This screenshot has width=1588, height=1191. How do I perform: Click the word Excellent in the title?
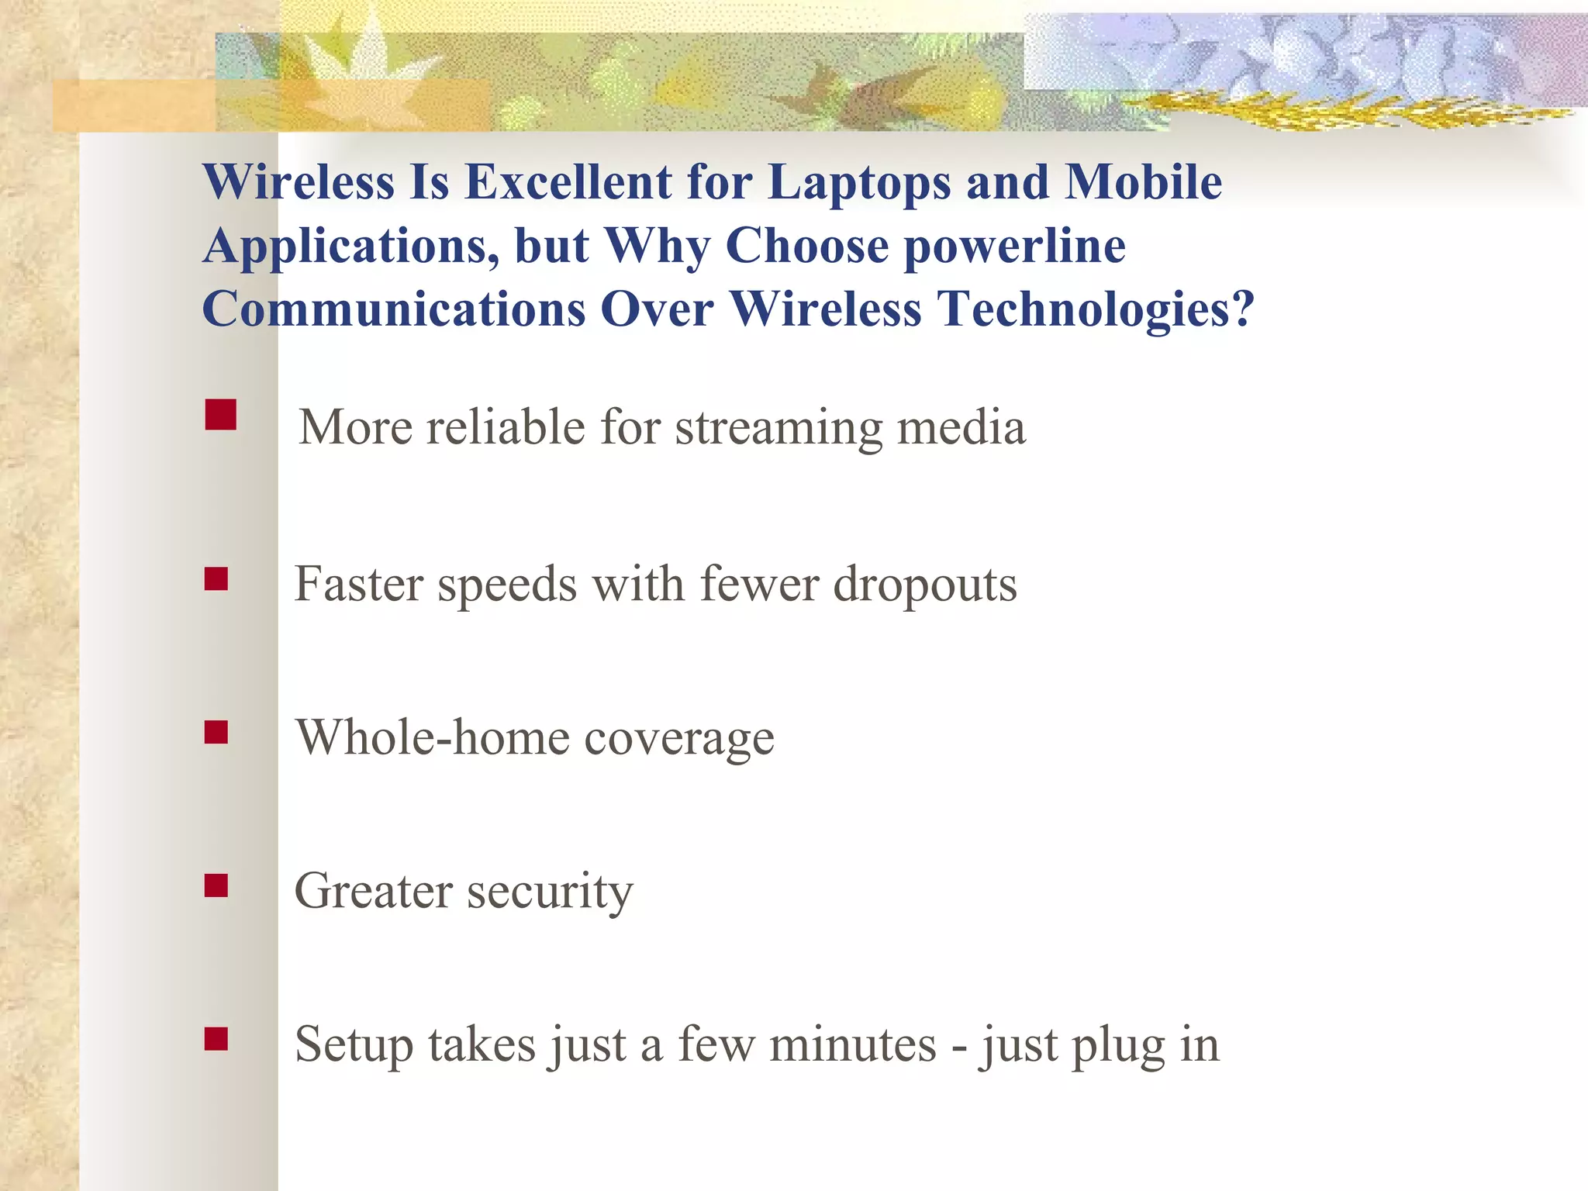(568, 183)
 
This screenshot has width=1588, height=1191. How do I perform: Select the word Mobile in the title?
(1143, 183)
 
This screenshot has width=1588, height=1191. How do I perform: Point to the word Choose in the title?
(806, 247)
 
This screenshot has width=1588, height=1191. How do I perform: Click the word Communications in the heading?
(393, 310)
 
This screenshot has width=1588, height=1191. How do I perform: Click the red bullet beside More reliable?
(221, 415)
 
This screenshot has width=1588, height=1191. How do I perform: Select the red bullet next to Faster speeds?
(216, 579)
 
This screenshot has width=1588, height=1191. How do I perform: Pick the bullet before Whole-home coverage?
(216, 733)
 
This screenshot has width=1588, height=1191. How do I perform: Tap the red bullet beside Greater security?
(216, 885)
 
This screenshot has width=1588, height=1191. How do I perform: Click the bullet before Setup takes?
(216, 1039)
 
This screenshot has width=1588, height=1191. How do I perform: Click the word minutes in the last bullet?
(853, 1045)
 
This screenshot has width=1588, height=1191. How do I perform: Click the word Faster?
(358, 585)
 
